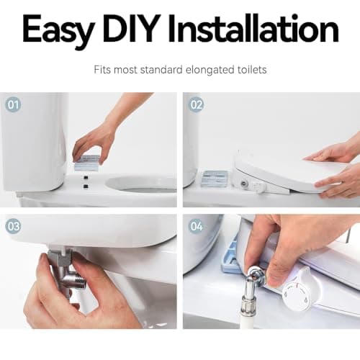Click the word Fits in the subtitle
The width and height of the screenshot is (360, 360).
coord(103,71)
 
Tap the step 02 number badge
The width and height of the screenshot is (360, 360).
coord(197,104)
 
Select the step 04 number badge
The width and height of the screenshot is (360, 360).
coord(197,226)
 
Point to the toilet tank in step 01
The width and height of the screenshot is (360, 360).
coord(32,137)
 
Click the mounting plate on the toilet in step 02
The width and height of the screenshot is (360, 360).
coord(213,178)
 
